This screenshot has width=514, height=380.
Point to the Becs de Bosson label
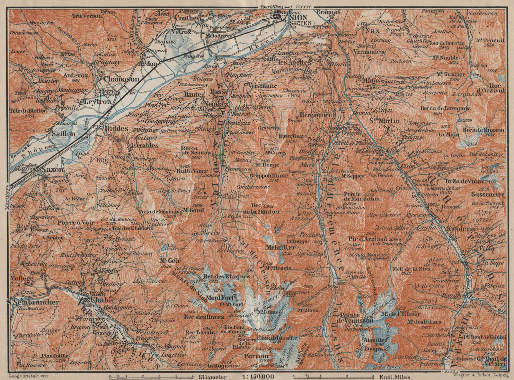[484, 130]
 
